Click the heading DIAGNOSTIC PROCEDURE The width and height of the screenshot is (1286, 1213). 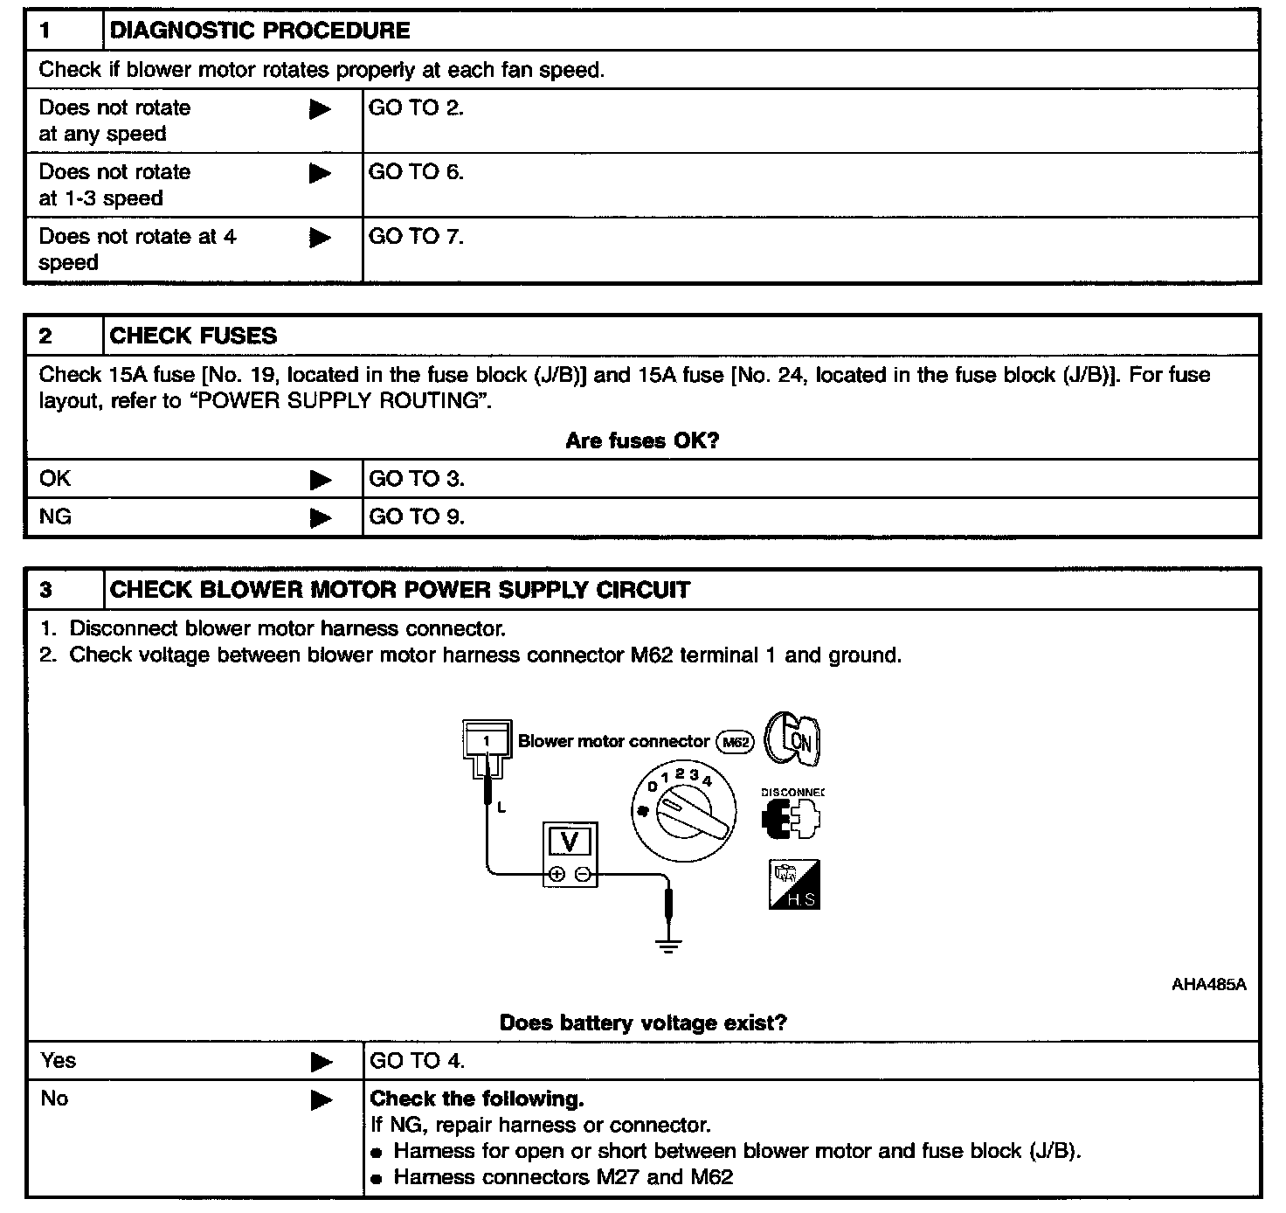pyautogui.click(x=259, y=31)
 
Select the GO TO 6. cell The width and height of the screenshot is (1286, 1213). pyautogui.click(x=416, y=172)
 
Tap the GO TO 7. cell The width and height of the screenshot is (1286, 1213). pyautogui.click(x=416, y=237)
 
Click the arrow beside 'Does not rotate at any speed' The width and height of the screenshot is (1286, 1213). pyautogui.click(x=321, y=110)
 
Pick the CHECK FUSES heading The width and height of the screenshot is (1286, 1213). pyautogui.click(x=193, y=336)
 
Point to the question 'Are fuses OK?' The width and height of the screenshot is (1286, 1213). pyautogui.click(x=642, y=440)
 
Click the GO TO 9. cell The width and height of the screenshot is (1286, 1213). pyautogui.click(x=417, y=517)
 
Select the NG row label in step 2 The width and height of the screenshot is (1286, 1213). pyautogui.click(x=55, y=517)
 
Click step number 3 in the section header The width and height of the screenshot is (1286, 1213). pyautogui.click(x=45, y=590)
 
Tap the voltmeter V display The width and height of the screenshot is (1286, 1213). pyautogui.click(x=570, y=842)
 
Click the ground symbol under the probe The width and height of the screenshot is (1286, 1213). pyautogui.click(x=668, y=945)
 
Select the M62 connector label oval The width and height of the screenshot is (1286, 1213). pyautogui.click(x=735, y=742)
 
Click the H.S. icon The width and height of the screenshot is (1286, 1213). pyautogui.click(x=794, y=884)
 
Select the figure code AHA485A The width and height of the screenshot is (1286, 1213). pyautogui.click(x=1208, y=985)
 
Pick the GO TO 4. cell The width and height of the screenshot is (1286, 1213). pyautogui.click(x=417, y=1061)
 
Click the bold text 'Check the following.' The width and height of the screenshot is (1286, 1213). pyautogui.click(x=477, y=1099)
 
